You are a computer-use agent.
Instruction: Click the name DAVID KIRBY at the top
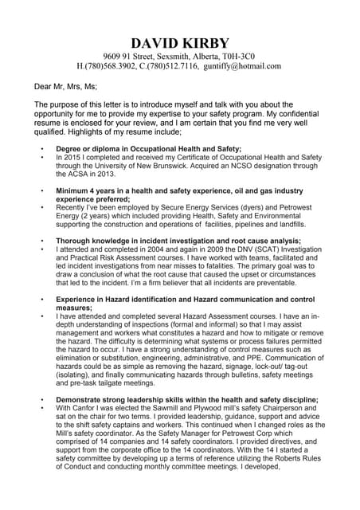(180, 42)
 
